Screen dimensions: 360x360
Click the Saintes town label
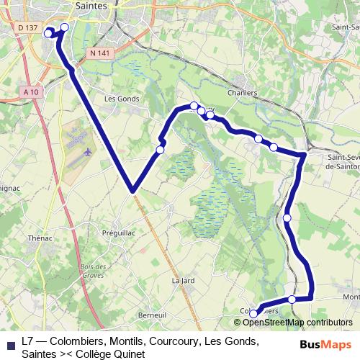click(x=91, y=6)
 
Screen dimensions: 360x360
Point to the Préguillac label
click(x=120, y=233)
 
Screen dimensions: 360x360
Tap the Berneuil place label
click(x=152, y=315)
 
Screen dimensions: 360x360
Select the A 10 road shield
click(x=30, y=92)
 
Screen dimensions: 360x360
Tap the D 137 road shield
click(x=27, y=27)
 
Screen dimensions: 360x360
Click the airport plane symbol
click(x=89, y=152)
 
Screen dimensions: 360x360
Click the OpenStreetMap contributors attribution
click(x=293, y=323)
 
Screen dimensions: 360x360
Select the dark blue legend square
click(x=9, y=344)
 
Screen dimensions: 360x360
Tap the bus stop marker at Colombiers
click(x=253, y=314)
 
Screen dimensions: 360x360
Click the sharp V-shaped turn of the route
click(x=132, y=191)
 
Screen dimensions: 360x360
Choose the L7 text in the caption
click(x=28, y=341)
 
